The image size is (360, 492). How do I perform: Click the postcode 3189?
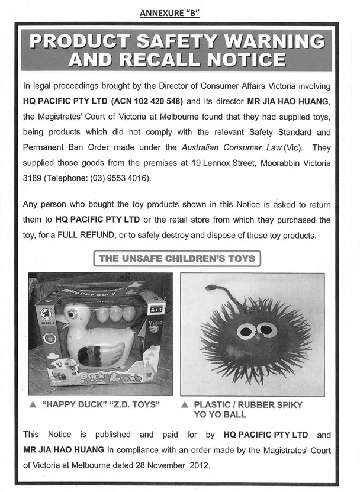coord(33,178)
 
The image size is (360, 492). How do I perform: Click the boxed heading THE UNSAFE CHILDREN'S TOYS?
coord(177,259)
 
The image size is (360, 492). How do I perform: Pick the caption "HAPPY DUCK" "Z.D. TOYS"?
coord(102,406)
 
